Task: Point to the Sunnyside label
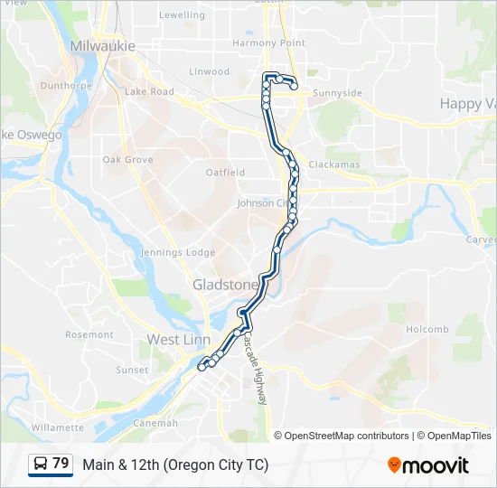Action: [336, 93]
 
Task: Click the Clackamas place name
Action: [333, 165]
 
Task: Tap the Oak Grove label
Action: [127, 160]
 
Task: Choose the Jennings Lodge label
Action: [178, 253]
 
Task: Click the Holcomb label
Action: [427, 330]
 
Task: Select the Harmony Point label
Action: [268, 43]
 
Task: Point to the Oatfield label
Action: [225, 173]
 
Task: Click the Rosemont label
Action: [89, 335]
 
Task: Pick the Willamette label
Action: [57, 427]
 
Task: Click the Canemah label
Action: [155, 423]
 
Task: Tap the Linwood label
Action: [210, 72]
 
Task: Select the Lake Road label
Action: [149, 92]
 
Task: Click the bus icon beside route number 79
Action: [41, 465]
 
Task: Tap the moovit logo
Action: [428, 465]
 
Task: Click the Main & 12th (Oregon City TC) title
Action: [175, 465]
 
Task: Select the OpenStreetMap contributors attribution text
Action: [347, 436]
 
